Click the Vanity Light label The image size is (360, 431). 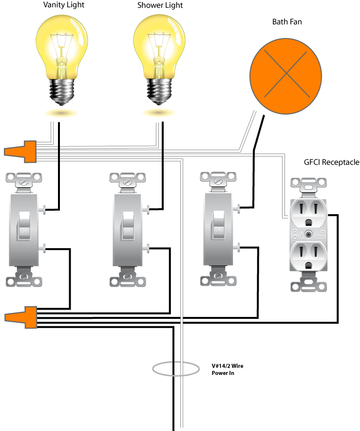tap(64, 5)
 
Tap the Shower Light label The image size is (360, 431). tap(160, 5)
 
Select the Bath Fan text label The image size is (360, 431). tap(287, 22)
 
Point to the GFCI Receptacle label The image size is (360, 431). tap(331, 162)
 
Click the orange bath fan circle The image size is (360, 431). tap(285, 76)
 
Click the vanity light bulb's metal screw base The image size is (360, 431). tap(62, 92)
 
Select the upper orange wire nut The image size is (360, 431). tap(20, 152)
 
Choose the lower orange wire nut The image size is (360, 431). tap(21, 317)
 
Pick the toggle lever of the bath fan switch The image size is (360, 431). tap(219, 225)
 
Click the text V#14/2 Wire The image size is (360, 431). tap(227, 366)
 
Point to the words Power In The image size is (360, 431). tap(223, 373)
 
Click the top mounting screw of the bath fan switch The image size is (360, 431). tap(218, 181)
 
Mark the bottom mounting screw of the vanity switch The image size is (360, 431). tap(24, 276)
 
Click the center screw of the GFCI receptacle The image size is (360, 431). tap(309, 235)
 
